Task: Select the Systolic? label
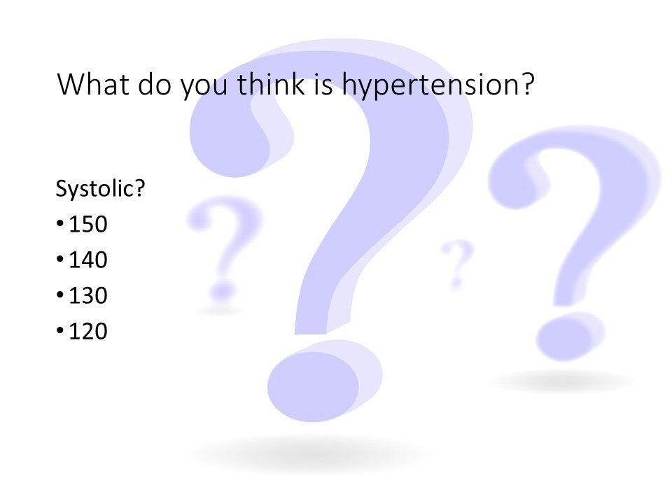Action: click(101, 188)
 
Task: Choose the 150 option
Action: click(88, 224)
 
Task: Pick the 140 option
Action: click(88, 260)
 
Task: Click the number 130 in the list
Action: click(88, 295)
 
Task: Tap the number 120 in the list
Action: click(88, 331)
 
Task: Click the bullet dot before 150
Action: click(60, 224)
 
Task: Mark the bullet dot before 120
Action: click(60, 330)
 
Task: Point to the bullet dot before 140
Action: click(60, 259)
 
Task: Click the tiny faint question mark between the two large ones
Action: click(457, 264)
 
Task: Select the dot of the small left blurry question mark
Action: click(223, 291)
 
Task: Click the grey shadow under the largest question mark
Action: click(309, 454)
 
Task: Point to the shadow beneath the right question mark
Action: click(561, 381)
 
